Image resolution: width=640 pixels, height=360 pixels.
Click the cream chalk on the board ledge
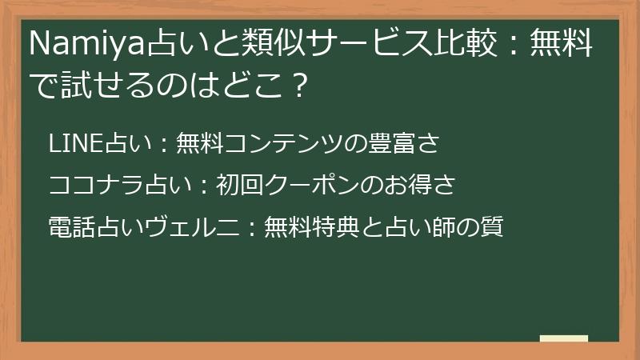[563, 338]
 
